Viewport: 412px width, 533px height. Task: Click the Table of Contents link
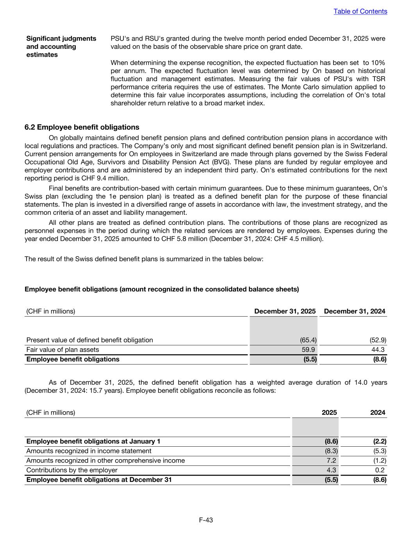click(x=360, y=11)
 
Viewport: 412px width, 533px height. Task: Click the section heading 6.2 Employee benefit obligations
click(x=82, y=127)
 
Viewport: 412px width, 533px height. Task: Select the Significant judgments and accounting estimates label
click(x=61, y=46)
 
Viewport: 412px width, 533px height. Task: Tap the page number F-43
click(x=206, y=520)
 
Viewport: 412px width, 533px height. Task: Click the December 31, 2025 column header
click(x=285, y=311)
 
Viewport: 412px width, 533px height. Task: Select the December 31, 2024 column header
click(x=354, y=311)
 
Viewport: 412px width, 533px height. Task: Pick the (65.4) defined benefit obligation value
click(x=308, y=340)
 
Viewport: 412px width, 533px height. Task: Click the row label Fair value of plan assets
click(x=62, y=349)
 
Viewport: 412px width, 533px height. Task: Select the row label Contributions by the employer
click(x=71, y=470)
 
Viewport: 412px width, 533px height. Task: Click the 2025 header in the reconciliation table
click(x=329, y=412)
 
